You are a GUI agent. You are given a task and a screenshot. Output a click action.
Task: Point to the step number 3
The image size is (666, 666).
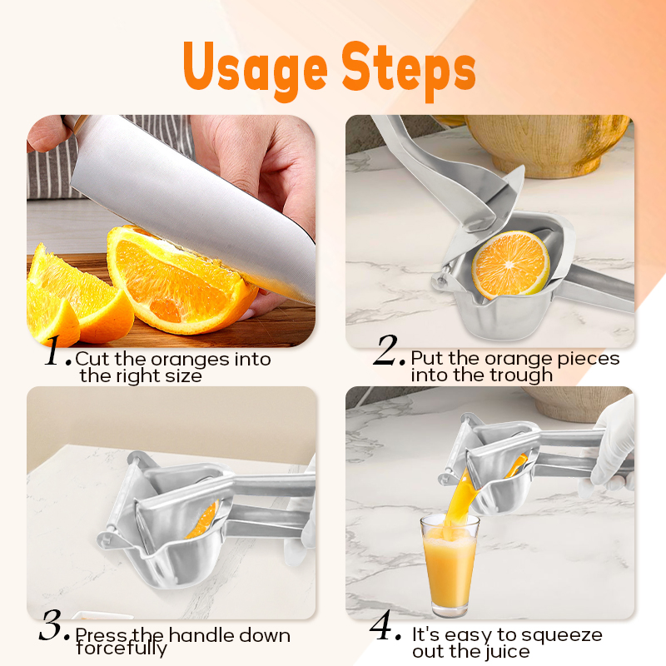pos(56,628)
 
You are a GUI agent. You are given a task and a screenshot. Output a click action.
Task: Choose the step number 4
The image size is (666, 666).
pos(386,628)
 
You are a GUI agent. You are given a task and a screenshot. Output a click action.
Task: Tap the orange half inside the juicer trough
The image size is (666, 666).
pos(510,264)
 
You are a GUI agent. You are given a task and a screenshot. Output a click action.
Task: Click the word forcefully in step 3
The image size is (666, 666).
pos(122,649)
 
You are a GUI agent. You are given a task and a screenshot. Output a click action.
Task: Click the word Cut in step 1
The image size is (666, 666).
pos(89,360)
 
